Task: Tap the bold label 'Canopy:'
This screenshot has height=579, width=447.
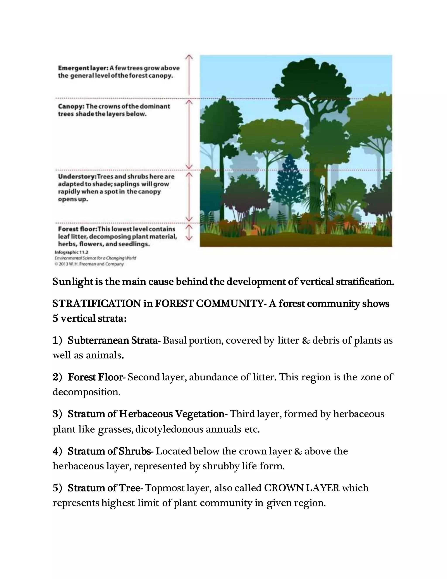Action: point(71,106)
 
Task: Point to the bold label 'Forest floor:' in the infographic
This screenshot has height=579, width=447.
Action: point(77,229)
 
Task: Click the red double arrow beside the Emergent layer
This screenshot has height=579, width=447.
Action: point(189,75)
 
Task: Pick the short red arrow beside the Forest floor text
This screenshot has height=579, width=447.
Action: point(189,233)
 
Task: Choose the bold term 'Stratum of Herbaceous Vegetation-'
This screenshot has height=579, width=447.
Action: point(148,414)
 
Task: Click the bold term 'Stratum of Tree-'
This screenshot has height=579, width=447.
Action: point(105,488)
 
